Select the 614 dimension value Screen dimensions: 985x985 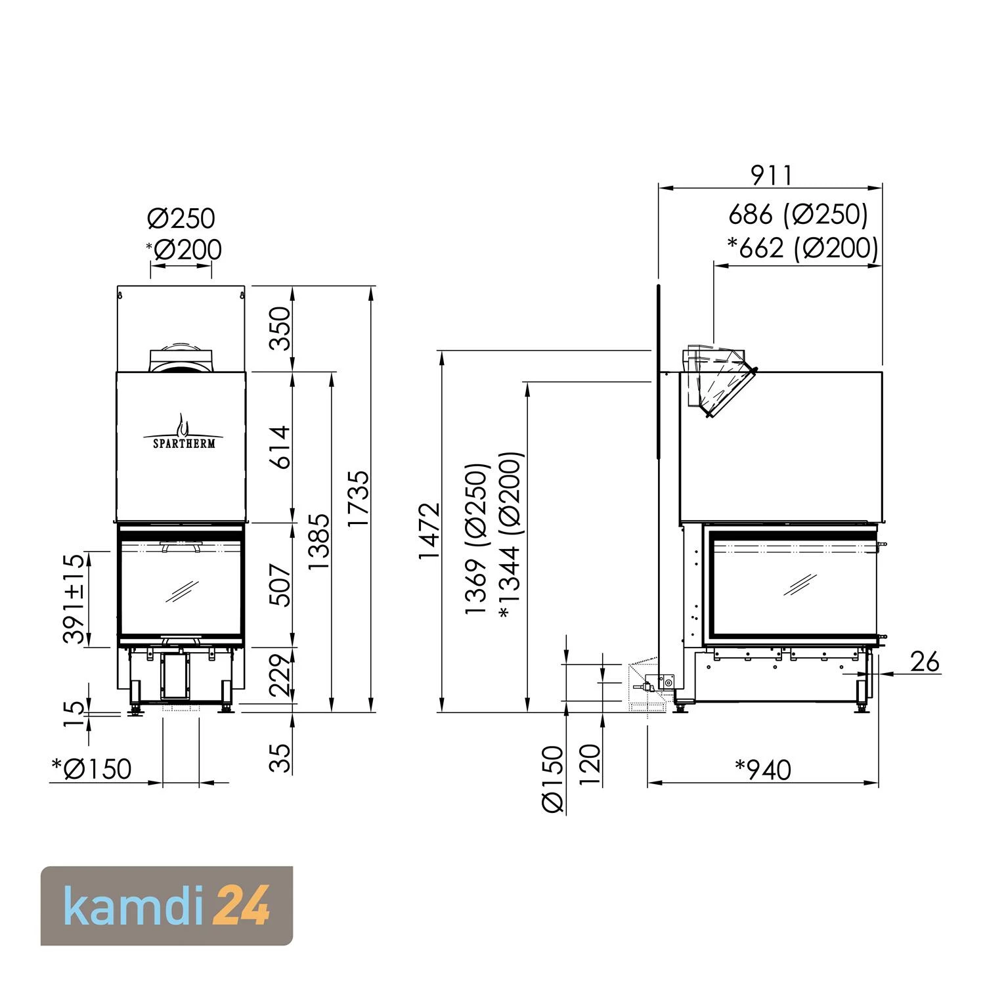280,447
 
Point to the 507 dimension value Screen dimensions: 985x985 280,585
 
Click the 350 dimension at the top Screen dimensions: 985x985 280,328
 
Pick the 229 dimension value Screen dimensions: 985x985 280,675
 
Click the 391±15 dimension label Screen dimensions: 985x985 74,598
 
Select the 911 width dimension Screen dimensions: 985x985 772,175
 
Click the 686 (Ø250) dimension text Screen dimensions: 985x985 799,214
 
